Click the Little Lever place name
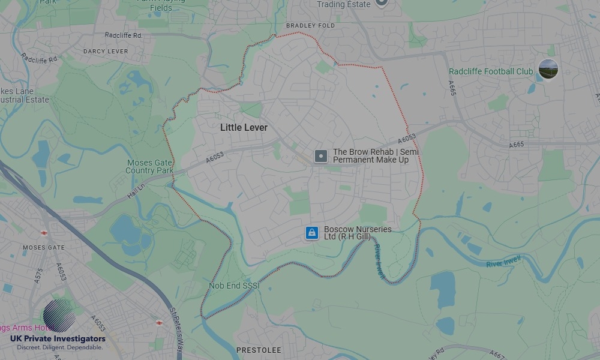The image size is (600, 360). [244, 128]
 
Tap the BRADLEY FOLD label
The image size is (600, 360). [310, 26]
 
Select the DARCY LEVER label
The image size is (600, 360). [106, 52]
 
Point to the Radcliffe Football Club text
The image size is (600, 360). [491, 71]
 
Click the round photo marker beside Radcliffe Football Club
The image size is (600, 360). [548, 69]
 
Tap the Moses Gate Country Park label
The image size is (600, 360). [149, 167]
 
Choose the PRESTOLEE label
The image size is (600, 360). [259, 350]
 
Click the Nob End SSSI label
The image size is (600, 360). [234, 286]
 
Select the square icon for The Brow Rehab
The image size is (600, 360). [321, 157]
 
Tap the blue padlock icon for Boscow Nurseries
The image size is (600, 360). [311, 233]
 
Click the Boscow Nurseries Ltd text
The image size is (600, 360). [358, 233]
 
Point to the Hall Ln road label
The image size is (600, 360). [136, 188]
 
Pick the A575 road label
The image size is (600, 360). [39, 275]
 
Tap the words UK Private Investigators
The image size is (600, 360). [58, 339]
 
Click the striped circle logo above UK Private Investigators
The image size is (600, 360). [59, 316]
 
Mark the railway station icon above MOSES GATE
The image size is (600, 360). [44, 232]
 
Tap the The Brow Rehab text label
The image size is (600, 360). [376, 156]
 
